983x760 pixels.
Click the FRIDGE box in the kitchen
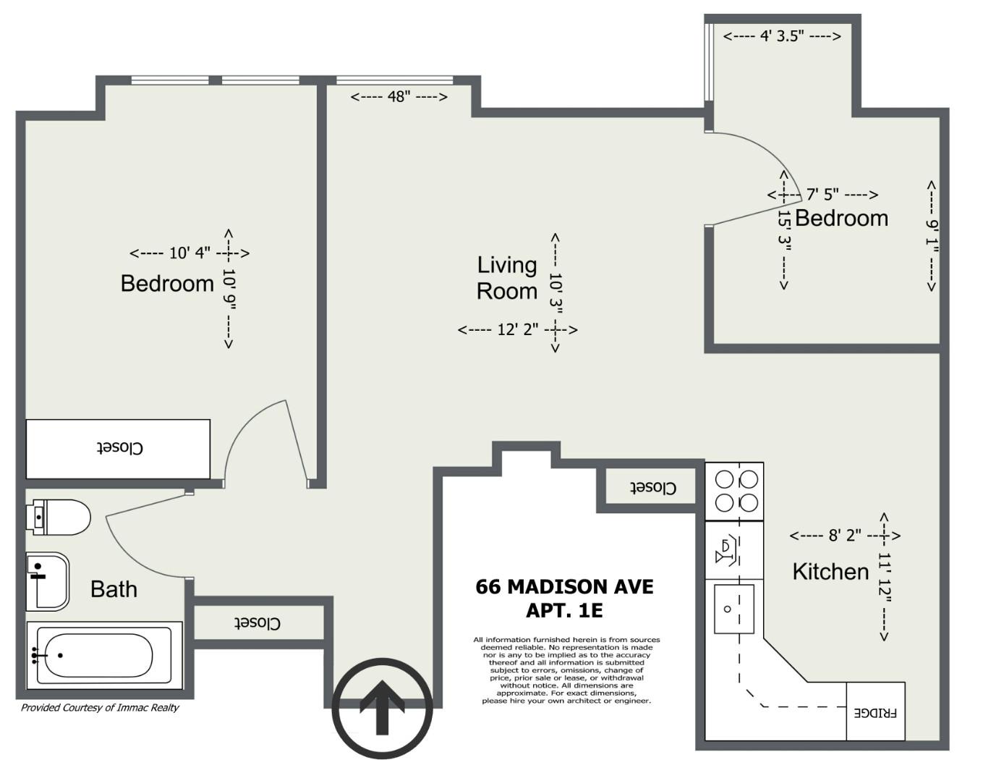875,711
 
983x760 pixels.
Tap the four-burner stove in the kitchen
735,491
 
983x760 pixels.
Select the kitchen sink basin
733,609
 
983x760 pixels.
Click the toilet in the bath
59,517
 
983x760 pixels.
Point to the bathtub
104,655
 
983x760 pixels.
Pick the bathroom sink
48,582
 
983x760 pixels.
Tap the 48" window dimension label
399,97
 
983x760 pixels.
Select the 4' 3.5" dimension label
782,36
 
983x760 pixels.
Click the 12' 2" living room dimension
517,329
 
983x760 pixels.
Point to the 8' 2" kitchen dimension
845,536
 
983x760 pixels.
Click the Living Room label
507,278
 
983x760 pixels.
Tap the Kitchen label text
830,571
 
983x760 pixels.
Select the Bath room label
114,589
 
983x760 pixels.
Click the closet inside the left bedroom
118,449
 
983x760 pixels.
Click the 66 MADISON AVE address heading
565,587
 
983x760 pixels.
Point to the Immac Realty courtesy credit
100,707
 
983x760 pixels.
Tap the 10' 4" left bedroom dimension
190,253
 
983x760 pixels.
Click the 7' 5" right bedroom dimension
823,195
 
